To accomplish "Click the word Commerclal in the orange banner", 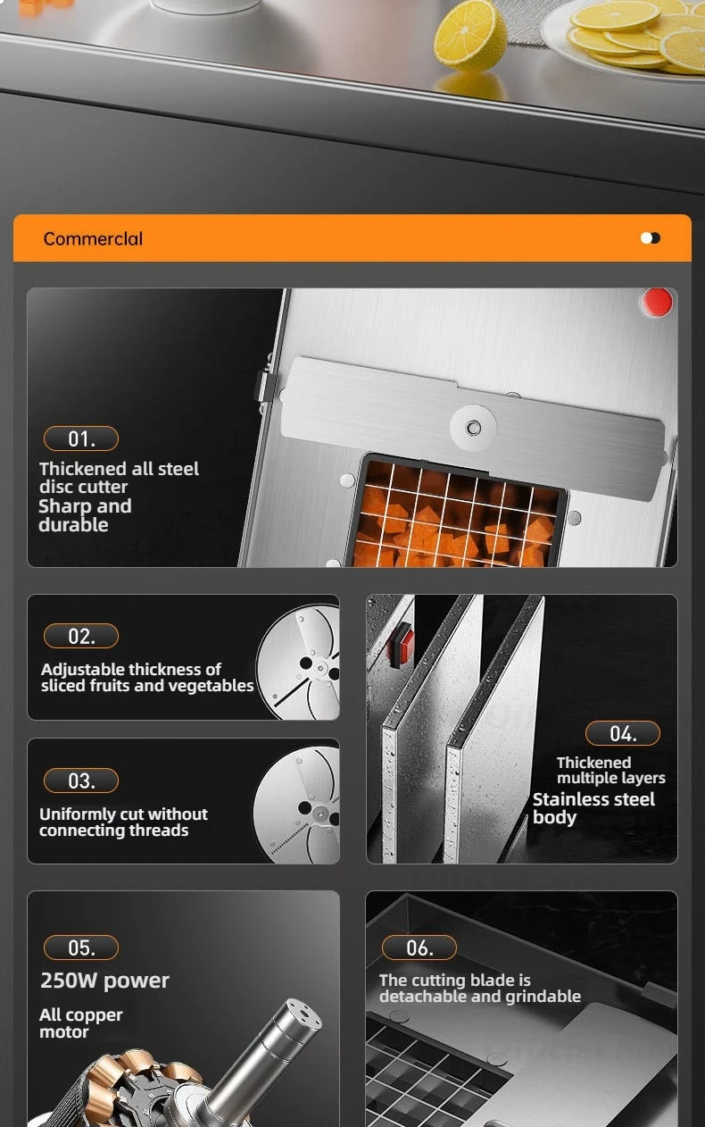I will pos(93,238).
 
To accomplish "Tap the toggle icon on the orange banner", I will pos(651,238).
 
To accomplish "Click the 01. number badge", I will pos(81,438).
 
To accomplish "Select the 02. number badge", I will pos(81,636).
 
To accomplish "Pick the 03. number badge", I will pos(81,781).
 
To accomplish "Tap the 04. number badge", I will pos(623,733).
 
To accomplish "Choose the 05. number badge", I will pos(81,948).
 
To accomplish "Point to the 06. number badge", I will pos(419,948).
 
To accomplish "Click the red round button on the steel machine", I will pos(658,303).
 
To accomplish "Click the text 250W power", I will pos(104,981).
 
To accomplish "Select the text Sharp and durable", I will pos(85,515).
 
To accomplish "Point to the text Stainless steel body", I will pos(593,808).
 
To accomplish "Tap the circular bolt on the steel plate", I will pos(474,429).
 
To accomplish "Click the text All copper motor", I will pos(80,1023).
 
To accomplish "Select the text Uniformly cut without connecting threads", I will pos(123,822).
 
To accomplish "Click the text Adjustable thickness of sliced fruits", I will pos(147,677).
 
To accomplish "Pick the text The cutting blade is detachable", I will pos(480,988).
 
